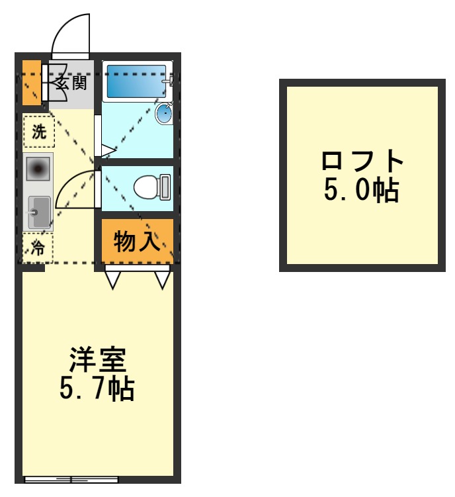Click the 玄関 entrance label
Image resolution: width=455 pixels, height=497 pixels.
70,83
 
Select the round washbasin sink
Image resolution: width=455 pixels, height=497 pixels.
164,114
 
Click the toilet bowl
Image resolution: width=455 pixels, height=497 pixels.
151,187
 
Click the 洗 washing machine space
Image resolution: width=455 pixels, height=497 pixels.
38,131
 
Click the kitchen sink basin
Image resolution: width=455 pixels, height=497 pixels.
38,210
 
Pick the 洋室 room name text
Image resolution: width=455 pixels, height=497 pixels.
98,360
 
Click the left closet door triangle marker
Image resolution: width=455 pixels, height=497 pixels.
112,280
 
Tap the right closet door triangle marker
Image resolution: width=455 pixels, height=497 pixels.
163,280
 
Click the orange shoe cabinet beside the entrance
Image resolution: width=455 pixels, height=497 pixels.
31,83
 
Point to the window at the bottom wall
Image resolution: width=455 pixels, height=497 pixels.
71,478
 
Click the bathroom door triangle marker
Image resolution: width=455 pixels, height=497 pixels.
107,152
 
